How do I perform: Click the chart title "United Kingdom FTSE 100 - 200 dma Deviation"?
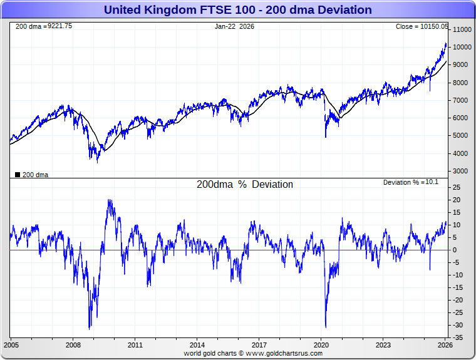coord(237,10)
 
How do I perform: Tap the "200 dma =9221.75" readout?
coord(43,26)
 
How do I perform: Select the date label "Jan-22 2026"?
coord(235,26)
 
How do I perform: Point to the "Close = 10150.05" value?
coord(422,26)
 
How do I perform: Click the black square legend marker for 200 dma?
coord(17,175)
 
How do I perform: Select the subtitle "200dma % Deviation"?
coord(245,185)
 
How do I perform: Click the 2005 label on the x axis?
coord(11,345)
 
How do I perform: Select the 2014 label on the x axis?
coord(197,345)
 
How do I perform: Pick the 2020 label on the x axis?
coord(321,345)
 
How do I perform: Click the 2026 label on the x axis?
coord(445,345)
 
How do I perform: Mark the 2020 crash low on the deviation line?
coord(326,326)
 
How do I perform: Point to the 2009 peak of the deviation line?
coord(110,200)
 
